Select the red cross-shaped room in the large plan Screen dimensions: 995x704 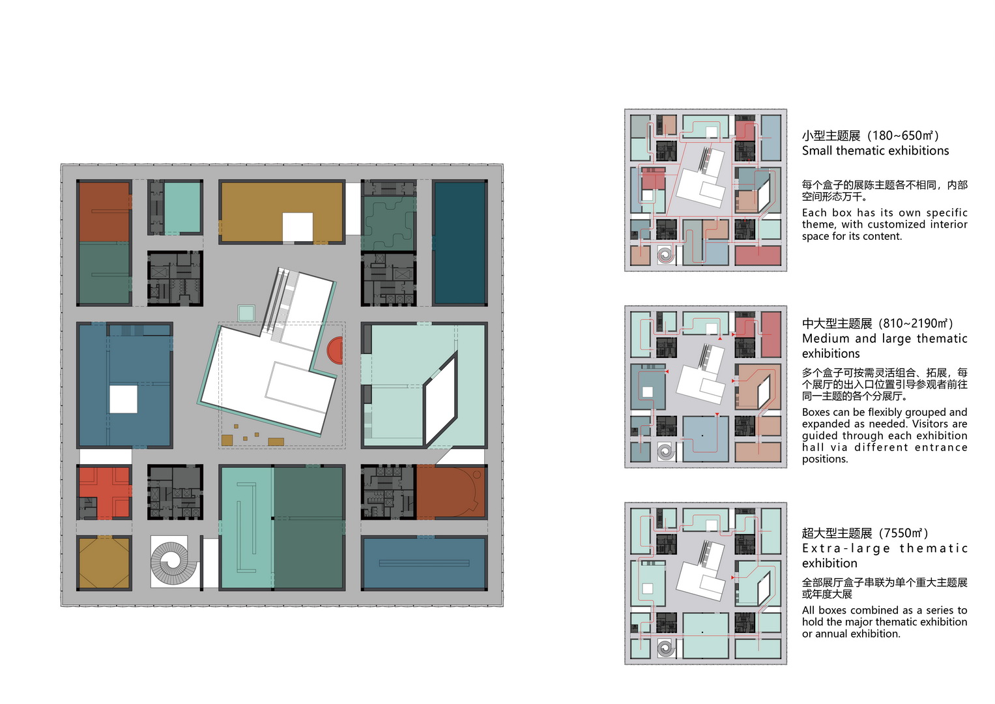pos(104,492)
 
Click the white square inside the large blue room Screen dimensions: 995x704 pos(123,400)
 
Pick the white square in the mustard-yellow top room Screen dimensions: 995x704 pos(298,227)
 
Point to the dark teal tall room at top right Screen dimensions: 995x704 pos(460,242)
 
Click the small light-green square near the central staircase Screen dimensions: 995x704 pos(246,313)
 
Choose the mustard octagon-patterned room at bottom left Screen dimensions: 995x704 pos(104,563)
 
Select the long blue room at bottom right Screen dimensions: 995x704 pos(424,563)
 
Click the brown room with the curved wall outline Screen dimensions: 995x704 pos(451,492)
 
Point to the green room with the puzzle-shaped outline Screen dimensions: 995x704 pos(390,224)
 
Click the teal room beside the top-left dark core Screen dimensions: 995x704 pos(182,207)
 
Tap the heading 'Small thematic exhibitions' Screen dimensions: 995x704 pos(875,151)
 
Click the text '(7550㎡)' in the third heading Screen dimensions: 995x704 pos(903,533)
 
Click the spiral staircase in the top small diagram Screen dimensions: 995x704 pos(665,255)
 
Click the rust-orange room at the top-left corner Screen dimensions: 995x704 pos(104,212)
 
